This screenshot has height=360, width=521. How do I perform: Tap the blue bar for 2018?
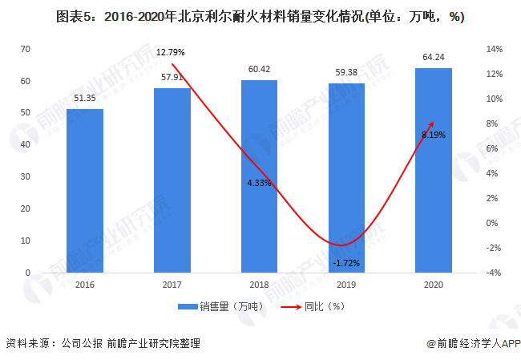(x=259, y=176)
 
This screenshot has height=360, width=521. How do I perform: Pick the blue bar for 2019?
(x=346, y=178)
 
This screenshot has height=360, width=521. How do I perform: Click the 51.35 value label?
(x=85, y=98)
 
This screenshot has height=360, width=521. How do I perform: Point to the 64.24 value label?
(x=434, y=57)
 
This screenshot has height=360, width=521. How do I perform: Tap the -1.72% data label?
(x=346, y=262)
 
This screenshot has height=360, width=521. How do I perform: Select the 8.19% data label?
(x=434, y=135)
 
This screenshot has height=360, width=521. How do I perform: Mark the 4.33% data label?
(x=259, y=183)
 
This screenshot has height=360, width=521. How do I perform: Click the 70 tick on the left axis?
(x=26, y=49)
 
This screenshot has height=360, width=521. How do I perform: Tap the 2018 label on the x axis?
(x=259, y=284)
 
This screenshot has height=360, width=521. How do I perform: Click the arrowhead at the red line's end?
(x=433, y=123)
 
